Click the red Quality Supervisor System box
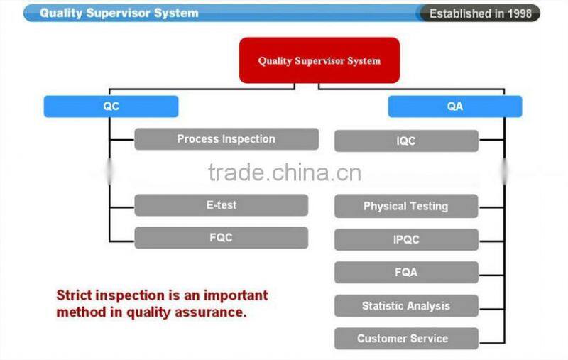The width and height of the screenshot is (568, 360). [x=319, y=60]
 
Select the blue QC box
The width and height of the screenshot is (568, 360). [x=111, y=107]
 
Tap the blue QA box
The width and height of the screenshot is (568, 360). [x=454, y=107]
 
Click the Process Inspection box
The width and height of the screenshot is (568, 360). [x=226, y=139]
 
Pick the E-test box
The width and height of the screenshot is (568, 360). [x=221, y=205]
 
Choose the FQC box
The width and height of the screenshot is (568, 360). [x=221, y=238]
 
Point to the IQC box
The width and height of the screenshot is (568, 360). [x=406, y=141]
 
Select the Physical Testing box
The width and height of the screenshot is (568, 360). [x=406, y=207]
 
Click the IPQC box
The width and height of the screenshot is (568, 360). [x=406, y=239]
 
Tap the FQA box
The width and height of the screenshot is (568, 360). [x=406, y=273]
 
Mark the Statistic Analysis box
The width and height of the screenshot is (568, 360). [x=406, y=306]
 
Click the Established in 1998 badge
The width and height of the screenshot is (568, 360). [x=480, y=13]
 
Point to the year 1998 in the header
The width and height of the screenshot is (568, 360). [x=518, y=13]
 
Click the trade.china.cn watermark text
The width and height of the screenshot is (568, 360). [x=284, y=173]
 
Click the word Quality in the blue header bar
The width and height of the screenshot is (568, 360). [x=62, y=13]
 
